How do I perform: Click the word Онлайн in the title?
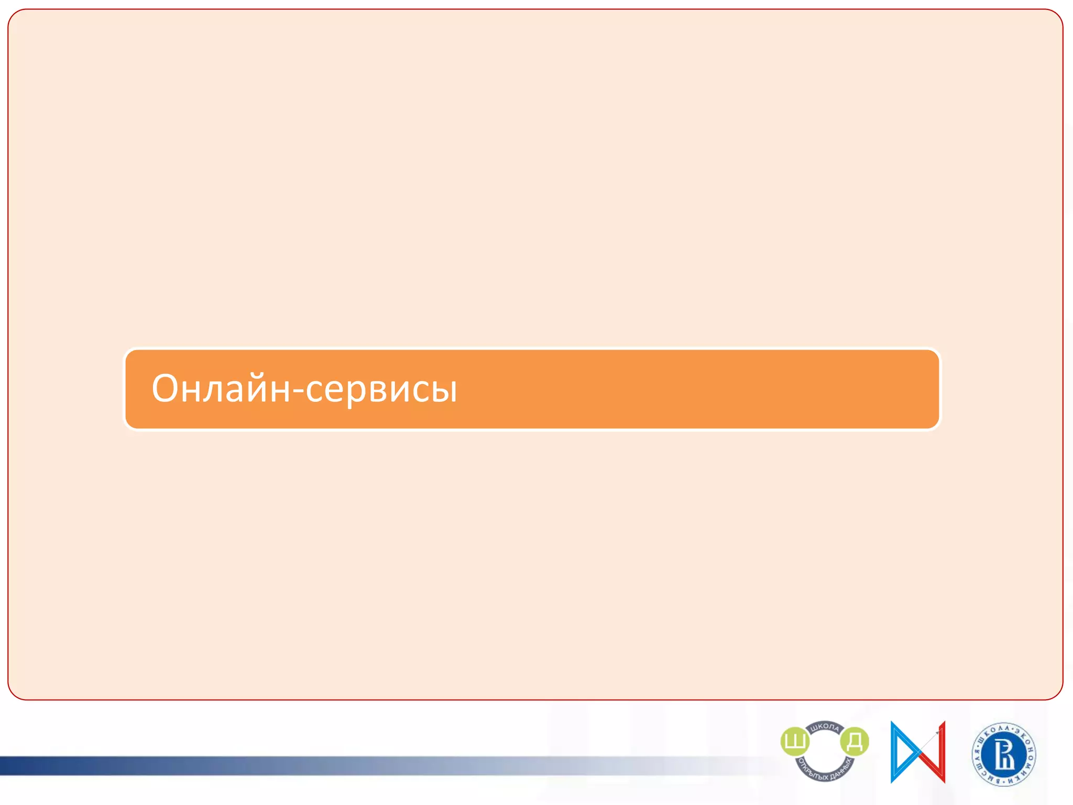tap(221, 389)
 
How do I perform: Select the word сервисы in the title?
tap(381, 390)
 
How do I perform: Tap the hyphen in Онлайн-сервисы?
tap(298, 391)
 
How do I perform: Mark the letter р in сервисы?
tap(352, 393)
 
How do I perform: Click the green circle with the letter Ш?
tap(795, 742)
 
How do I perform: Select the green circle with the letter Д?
tap(854, 742)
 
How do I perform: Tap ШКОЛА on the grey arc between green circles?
tap(825, 727)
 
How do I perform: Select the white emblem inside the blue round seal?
tap(1004, 755)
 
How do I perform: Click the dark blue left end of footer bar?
tap(16, 766)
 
